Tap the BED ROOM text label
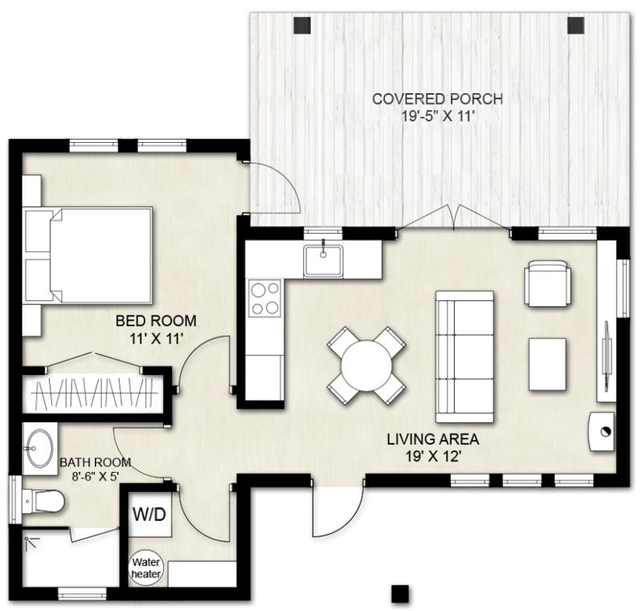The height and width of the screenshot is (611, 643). [x=156, y=322]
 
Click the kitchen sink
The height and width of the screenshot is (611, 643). [x=324, y=260]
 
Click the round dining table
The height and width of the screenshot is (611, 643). [x=365, y=367]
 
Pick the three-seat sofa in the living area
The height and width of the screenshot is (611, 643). [x=464, y=354]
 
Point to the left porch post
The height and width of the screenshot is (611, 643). [x=303, y=25]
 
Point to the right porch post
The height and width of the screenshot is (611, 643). [x=576, y=25]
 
